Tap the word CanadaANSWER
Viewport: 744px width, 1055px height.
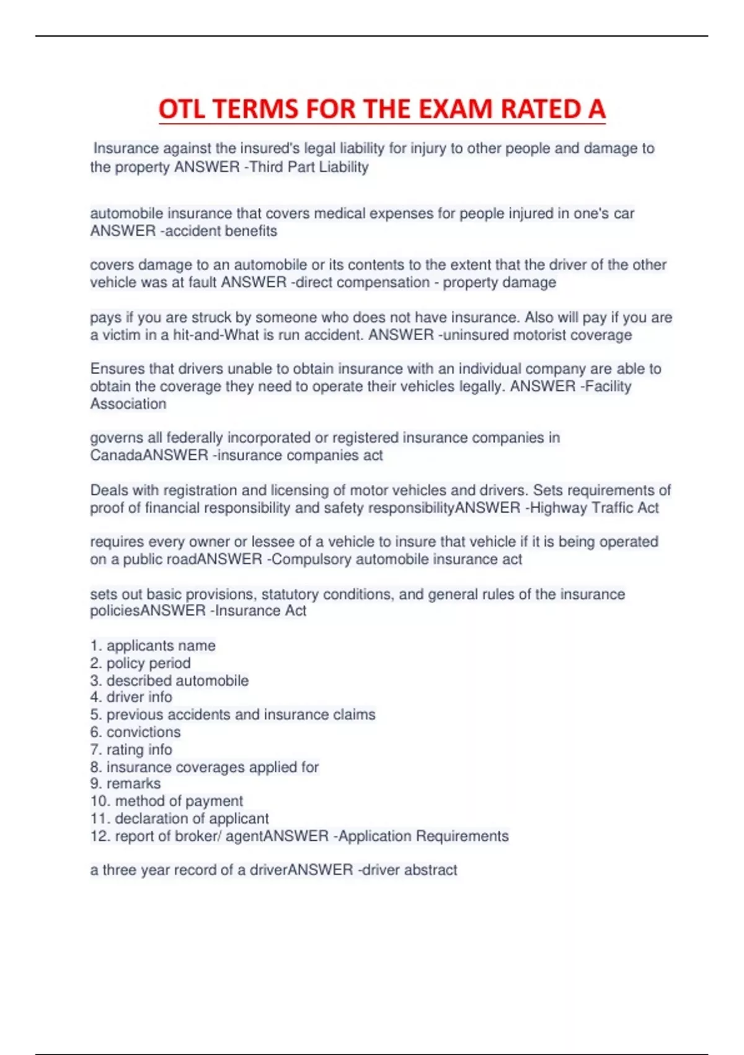tap(149, 455)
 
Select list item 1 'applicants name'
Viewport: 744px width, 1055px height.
tap(153, 645)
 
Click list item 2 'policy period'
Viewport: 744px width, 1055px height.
tap(141, 663)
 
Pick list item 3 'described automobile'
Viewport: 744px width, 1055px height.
tap(169, 680)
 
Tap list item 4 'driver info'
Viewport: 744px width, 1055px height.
tap(131, 697)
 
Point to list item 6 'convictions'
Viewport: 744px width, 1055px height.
tap(136, 732)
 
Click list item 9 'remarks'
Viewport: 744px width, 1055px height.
tap(126, 783)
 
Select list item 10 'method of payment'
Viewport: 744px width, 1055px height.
tap(167, 801)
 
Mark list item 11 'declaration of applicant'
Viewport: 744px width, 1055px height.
tap(180, 818)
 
